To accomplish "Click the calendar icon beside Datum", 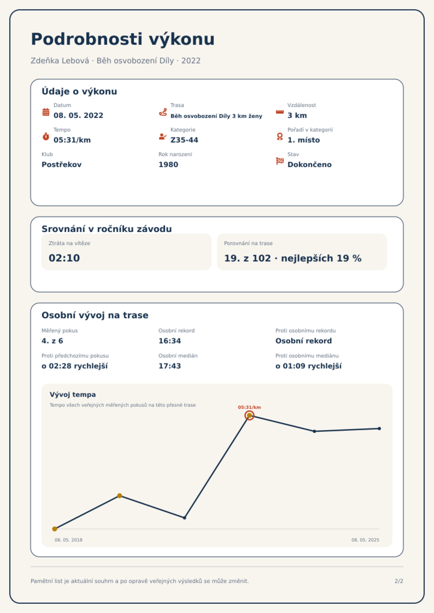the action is [46, 112].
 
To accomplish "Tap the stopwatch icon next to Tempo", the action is [46, 136].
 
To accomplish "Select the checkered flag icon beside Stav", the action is [280, 161].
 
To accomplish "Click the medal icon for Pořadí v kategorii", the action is [280, 136].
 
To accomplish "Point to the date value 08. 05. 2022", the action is [78, 115].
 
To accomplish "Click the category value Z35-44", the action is [184, 140].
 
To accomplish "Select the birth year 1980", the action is [168, 165].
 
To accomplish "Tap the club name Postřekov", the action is [61, 165].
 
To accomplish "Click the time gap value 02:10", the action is [64, 258].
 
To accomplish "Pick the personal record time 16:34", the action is [170, 341].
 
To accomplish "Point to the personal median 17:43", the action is [170, 366].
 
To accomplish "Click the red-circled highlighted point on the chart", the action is [249, 415].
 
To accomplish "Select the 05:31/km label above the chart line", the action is [249, 407].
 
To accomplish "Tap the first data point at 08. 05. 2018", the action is [55, 529].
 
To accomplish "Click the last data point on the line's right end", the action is [379, 428].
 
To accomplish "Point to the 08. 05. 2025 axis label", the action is [365, 540].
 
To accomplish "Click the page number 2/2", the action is [399, 581].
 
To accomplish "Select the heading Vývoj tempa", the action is [73, 395].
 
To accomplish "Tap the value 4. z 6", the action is [52, 341].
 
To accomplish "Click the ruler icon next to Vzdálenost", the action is [280, 112].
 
